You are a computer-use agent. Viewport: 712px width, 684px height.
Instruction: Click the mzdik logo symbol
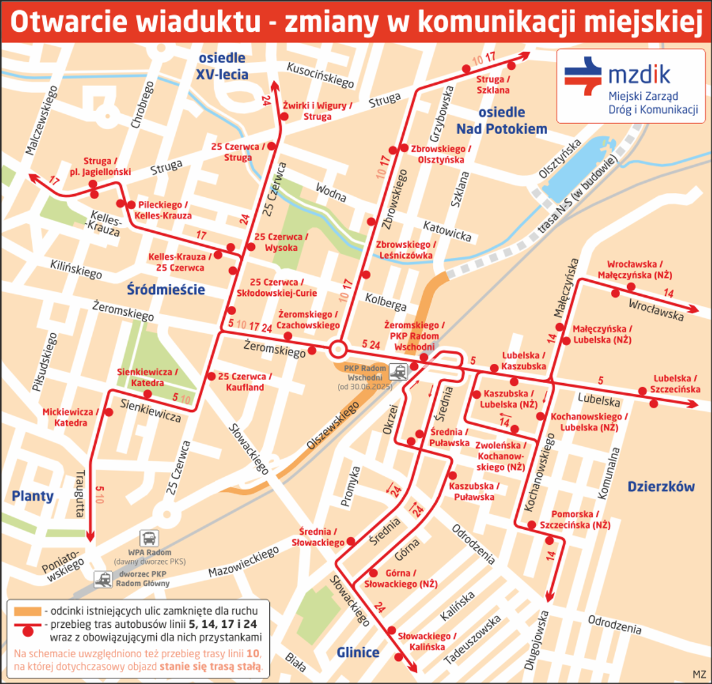tap(583, 76)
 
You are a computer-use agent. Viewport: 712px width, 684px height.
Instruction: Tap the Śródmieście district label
tap(166, 290)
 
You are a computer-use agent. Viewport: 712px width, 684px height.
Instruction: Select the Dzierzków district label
tap(661, 487)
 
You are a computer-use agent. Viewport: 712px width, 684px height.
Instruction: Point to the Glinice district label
tap(358, 652)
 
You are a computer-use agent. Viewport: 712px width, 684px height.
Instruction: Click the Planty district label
tap(32, 496)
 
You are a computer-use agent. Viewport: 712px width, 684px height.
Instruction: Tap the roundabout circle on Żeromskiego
tap(338, 348)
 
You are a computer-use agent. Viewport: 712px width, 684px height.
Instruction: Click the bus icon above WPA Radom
tap(149, 538)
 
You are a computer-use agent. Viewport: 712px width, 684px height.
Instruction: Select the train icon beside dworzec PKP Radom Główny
tap(104, 579)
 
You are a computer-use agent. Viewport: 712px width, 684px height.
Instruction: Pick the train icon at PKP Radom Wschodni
tap(398, 373)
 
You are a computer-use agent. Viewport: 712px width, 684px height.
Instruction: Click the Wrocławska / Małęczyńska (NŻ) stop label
tap(635, 270)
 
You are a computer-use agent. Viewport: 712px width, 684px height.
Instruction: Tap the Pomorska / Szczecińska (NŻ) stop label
tap(575, 520)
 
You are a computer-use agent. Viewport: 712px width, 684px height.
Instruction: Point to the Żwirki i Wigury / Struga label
tap(317, 111)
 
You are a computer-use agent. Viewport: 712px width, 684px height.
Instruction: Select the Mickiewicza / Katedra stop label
tap(71, 418)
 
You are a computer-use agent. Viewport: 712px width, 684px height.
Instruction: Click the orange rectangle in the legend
tap(27, 610)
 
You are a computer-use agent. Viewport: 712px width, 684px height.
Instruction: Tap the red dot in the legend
tap(27, 631)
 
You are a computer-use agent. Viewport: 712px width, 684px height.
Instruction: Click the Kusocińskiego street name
tap(320, 75)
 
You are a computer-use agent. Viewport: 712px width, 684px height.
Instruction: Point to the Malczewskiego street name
tap(42, 120)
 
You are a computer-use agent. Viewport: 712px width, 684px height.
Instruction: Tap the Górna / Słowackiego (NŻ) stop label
tap(400, 579)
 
